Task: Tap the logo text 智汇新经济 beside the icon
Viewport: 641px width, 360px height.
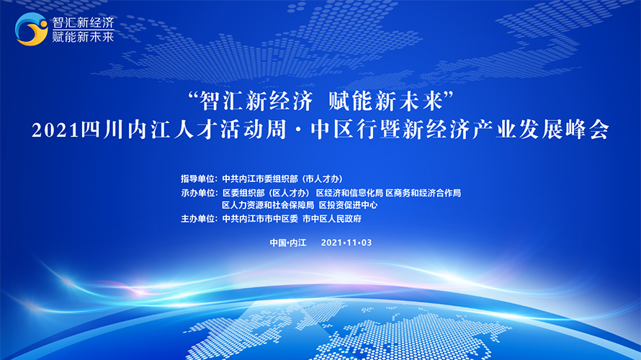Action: (x=83, y=22)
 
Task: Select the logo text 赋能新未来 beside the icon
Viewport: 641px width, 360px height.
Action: (x=83, y=37)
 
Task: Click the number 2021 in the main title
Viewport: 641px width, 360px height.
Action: (x=55, y=131)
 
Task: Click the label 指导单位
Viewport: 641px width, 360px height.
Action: (x=197, y=179)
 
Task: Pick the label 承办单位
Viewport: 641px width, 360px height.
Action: (x=197, y=193)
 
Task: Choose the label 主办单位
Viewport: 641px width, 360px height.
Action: (x=197, y=219)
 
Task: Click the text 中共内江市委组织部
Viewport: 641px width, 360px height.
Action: (x=260, y=179)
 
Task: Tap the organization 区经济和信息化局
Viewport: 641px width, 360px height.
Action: (x=349, y=193)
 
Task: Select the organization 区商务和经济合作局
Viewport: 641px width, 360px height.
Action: (x=423, y=193)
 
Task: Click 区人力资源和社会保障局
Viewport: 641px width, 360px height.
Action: (x=268, y=205)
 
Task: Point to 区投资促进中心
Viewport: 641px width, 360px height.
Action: (x=349, y=205)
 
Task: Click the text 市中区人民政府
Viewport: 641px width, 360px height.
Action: (x=332, y=219)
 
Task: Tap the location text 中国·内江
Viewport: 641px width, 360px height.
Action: (x=288, y=243)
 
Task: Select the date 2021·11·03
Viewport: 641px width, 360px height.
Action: (x=346, y=243)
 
